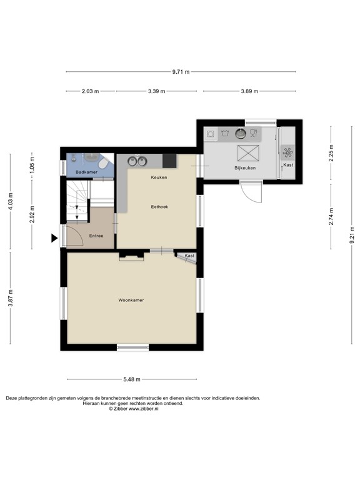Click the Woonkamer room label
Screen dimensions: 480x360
(x=131, y=300)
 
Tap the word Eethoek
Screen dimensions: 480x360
(x=159, y=206)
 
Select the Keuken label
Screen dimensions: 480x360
(x=158, y=177)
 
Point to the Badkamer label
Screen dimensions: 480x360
(x=86, y=171)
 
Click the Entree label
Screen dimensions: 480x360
(x=96, y=236)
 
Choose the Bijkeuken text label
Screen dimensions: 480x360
(x=245, y=168)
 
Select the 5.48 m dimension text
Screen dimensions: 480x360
(x=131, y=379)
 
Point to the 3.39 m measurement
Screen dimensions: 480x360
(x=156, y=91)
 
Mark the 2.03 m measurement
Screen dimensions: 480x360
(x=90, y=91)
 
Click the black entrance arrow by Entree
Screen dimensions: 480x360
(x=54, y=237)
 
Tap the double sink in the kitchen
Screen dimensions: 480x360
(x=137, y=161)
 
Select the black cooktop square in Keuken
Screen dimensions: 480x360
(x=169, y=161)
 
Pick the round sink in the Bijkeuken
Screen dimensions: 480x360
(x=240, y=133)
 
